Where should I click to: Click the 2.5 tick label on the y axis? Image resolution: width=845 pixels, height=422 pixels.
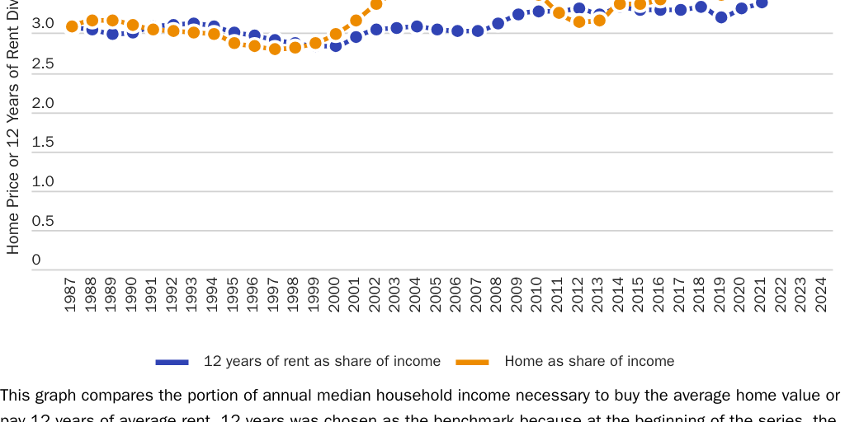(x=42, y=63)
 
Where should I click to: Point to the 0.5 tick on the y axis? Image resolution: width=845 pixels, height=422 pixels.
(x=42, y=221)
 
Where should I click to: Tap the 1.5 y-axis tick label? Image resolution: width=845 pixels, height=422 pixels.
(x=42, y=142)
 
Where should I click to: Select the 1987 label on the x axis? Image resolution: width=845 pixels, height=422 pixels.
(x=72, y=294)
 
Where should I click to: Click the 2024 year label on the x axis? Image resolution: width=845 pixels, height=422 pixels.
(x=822, y=294)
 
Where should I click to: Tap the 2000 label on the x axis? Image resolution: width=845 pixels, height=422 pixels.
(x=335, y=294)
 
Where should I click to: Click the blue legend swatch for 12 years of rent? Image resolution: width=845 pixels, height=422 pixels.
(x=172, y=362)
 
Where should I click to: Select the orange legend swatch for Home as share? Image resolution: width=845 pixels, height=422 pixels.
(x=473, y=362)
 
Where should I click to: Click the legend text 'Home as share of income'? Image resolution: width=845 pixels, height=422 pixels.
(x=589, y=361)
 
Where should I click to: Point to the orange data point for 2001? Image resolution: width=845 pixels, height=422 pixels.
(x=356, y=21)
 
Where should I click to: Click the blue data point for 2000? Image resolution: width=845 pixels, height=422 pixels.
(x=335, y=46)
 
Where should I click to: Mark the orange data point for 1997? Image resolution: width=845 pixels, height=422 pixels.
(x=275, y=49)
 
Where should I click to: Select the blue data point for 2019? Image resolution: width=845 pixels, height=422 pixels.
(x=720, y=17)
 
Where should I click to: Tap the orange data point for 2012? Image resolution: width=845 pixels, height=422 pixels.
(x=579, y=22)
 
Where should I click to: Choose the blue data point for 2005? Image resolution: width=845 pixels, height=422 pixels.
(x=437, y=30)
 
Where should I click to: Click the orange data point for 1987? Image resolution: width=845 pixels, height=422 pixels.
(x=72, y=26)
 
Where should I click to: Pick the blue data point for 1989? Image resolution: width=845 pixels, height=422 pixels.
(x=112, y=34)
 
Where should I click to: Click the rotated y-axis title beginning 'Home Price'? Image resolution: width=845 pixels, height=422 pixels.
(x=13, y=132)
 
